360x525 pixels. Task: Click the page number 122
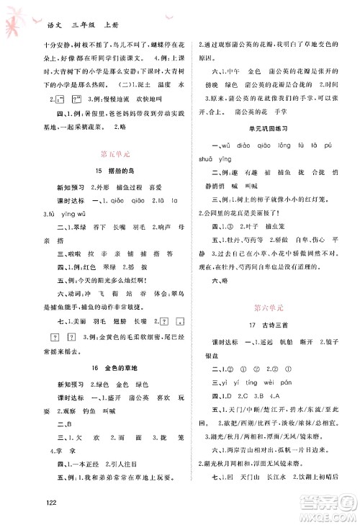pyautogui.click(x=30, y=502)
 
